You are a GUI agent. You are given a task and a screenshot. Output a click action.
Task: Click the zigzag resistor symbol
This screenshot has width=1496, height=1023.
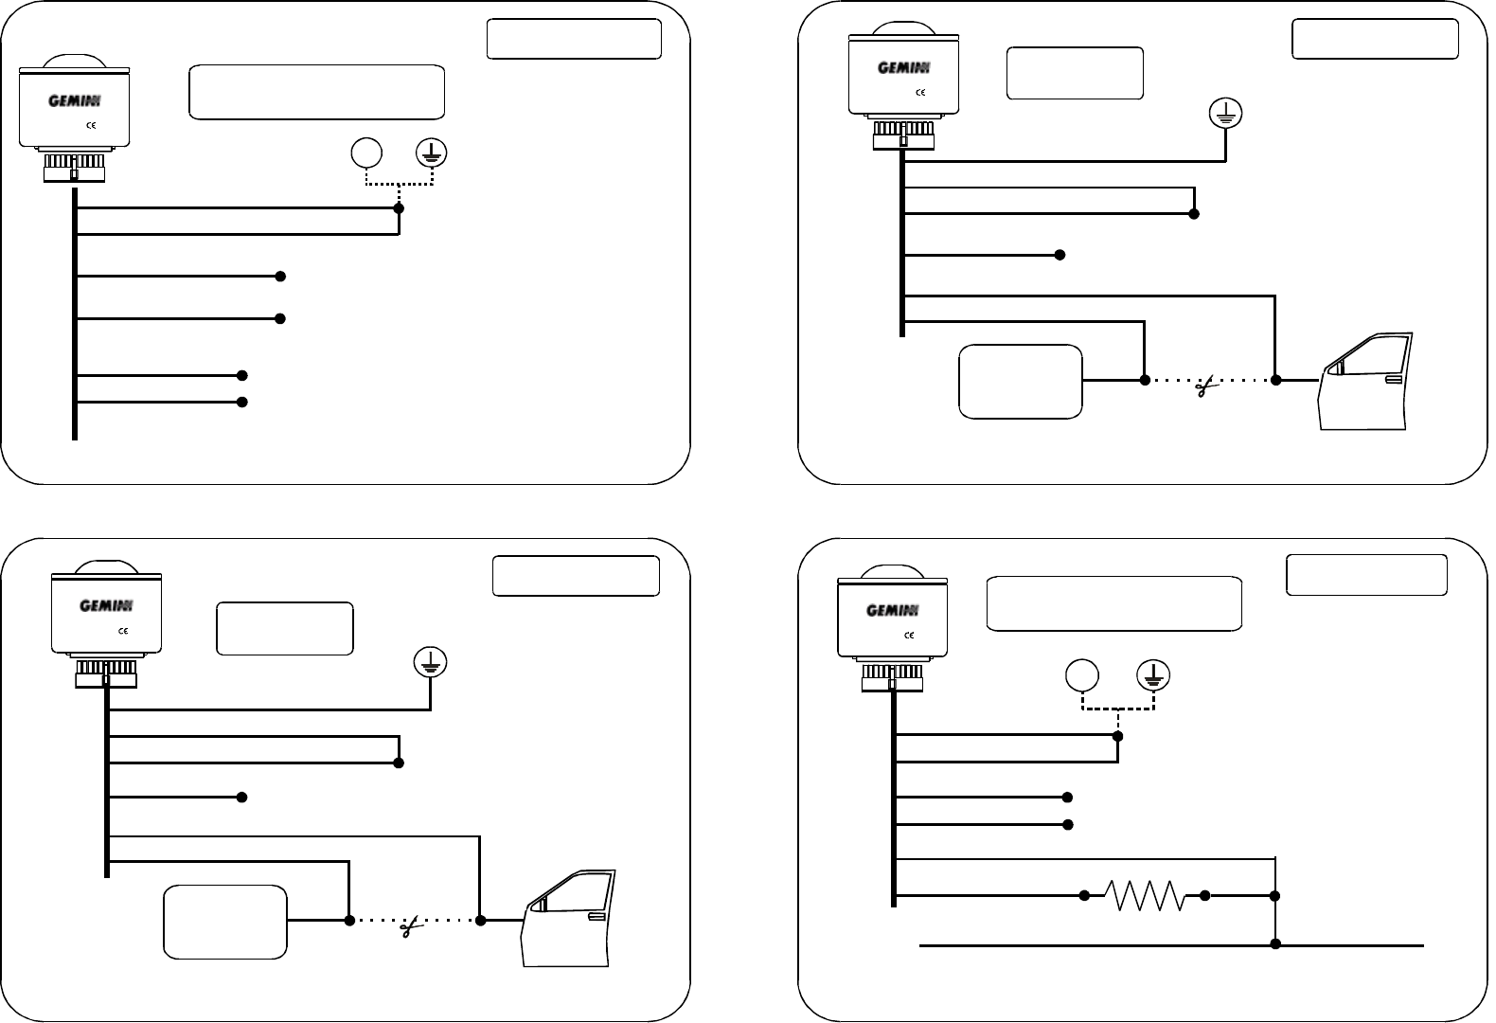(1145, 895)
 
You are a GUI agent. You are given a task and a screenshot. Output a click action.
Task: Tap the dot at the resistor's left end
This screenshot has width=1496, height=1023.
(1084, 895)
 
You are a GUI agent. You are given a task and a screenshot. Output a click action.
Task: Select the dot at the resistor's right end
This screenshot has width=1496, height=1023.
(1205, 895)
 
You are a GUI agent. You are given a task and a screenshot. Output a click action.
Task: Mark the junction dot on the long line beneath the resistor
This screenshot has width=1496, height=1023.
(1275, 944)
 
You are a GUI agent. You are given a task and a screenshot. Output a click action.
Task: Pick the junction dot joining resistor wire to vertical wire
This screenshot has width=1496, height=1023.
(1275, 895)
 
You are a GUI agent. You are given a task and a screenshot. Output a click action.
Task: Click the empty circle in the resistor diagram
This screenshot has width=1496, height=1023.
(1082, 675)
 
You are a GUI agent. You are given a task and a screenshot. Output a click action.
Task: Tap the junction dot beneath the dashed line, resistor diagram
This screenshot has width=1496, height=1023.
(1118, 736)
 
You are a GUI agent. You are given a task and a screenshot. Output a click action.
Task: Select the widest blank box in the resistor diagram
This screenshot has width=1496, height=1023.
(1113, 603)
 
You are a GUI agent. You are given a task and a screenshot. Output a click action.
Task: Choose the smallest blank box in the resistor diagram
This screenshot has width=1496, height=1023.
(1366, 575)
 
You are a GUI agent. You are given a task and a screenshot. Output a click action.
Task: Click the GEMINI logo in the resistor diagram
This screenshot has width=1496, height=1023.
(892, 611)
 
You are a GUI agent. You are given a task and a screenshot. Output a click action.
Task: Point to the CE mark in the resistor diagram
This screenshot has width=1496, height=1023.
(908, 635)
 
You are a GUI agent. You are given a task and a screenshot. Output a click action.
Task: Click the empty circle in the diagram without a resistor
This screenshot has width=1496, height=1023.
(366, 153)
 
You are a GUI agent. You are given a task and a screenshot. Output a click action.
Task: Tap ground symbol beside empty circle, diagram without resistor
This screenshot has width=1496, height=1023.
(433, 153)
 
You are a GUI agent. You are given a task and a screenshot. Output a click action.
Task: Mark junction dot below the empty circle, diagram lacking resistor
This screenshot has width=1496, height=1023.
(399, 208)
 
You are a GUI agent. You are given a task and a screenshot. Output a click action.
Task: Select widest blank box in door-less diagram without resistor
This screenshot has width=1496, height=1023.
(317, 92)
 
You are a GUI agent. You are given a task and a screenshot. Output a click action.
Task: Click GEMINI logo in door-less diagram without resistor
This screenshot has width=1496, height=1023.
(75, 100)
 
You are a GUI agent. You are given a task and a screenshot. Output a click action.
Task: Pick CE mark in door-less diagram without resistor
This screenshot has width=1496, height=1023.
(91, 124)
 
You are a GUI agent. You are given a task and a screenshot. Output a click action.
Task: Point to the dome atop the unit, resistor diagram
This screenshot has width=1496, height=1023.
(892, 569)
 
